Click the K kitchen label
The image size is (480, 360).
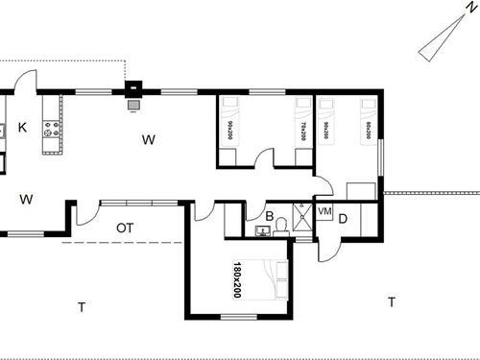21,127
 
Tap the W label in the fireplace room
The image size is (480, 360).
149,140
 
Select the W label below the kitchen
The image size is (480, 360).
27,200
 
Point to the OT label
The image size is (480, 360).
125,228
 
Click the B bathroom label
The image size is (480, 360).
270,216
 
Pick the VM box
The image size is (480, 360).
324,211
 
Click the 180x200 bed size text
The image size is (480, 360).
237,279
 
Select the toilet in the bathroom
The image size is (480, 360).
281,227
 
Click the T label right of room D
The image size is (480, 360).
391,302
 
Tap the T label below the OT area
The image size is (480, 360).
82,307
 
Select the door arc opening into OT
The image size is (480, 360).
86,213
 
